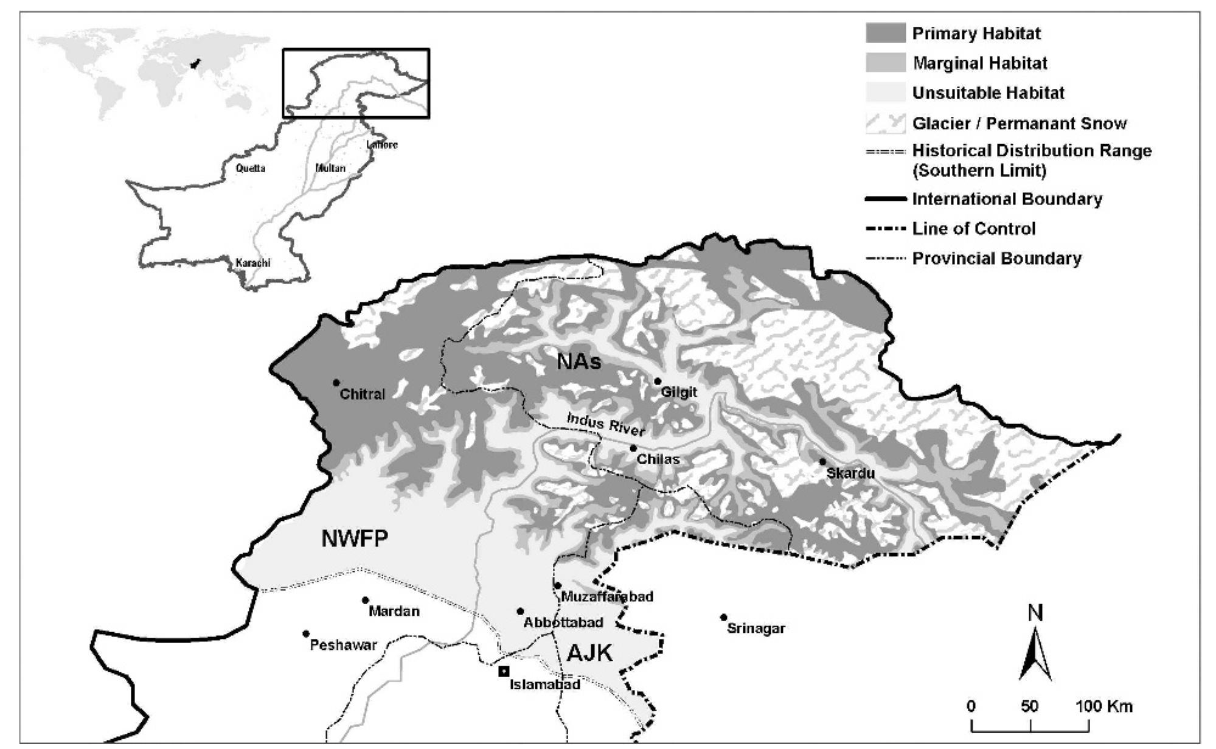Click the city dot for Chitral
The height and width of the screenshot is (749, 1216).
click(336, 383)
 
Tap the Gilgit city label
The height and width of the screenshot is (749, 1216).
click(679, 392)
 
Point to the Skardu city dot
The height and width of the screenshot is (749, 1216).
click(822, 462)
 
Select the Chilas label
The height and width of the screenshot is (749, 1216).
click(658, 459)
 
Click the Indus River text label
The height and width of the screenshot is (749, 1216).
click(605, 424)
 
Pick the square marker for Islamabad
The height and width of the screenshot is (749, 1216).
click(503, 671)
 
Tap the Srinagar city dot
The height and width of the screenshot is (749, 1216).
click(724, 617)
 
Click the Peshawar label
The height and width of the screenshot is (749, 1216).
click(343, 645)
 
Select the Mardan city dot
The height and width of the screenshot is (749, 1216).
click(366, 600)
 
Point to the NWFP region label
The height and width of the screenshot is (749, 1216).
click(355, 538)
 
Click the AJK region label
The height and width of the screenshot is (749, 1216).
click(589, 653)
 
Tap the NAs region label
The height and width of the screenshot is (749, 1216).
click(579, 362)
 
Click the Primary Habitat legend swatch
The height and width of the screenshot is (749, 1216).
click(885, 33)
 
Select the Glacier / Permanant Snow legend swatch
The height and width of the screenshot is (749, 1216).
click(885, 124)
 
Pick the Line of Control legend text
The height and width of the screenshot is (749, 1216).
click(973, 229)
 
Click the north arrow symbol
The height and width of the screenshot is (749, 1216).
click(1035, 654)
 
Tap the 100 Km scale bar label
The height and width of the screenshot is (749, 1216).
click(1104, 706)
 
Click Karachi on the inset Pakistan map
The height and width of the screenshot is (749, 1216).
click(252, 263)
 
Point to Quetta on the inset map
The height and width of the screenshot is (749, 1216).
click(250, 168)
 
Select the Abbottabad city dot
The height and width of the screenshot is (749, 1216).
click(520, 611)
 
